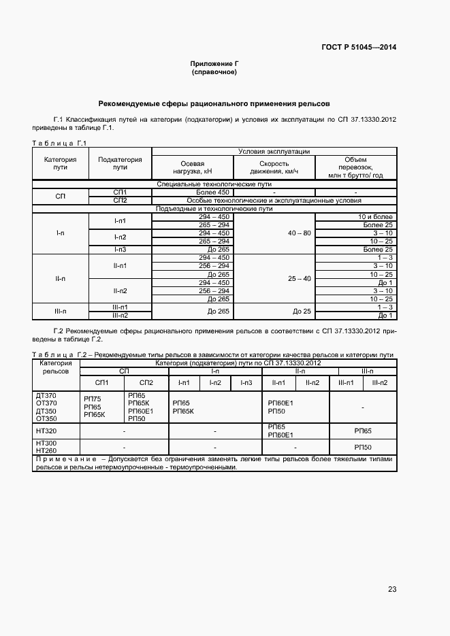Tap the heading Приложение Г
click(214, 63)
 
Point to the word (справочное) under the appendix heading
click(214, 71)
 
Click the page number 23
click(392, 590)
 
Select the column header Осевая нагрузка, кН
click(192, 167)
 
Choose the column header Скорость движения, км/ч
click(274, 167)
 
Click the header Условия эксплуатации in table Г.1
click(274, 152)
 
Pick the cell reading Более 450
click(214, 193)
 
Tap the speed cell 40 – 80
click(299, 233)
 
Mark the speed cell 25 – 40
click(299, 279)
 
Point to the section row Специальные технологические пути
click(214, 184)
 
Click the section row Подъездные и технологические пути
click(214, 209)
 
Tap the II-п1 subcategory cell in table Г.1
click(120, 266)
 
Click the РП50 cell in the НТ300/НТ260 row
click(362, 447)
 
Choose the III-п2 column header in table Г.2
click(379, 383)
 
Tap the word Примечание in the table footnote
click(63, 459)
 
